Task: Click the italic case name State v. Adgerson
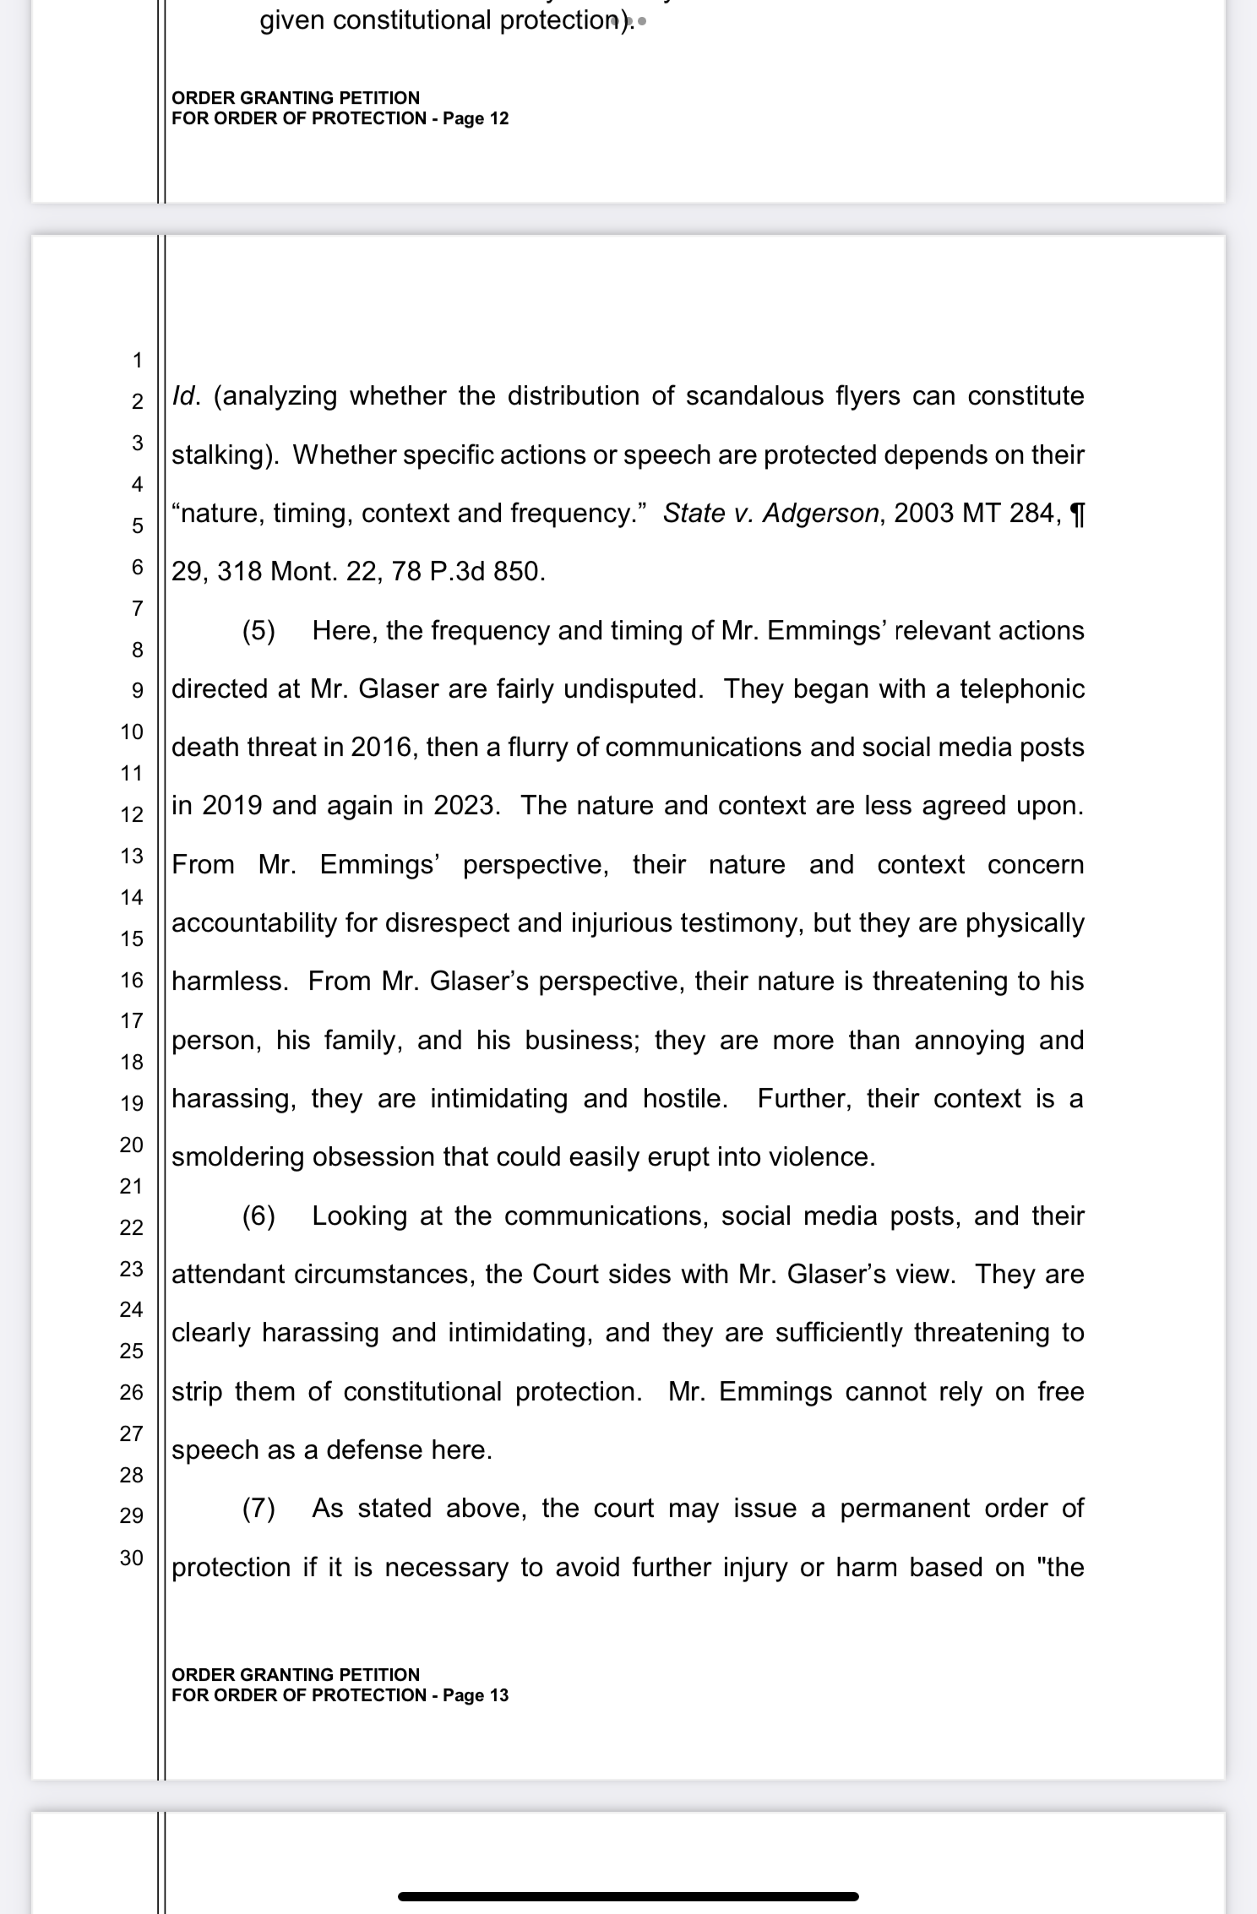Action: [770, 514]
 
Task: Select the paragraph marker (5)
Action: [258, 631]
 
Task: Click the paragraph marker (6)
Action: [258, 1216]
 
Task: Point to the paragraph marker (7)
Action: [258, 1509]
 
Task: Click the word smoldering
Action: [238, 1157]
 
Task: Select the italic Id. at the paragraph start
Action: [186, 396]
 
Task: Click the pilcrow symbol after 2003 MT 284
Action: [1076, 514]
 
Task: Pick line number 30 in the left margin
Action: [132, 1558]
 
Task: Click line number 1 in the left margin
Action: [137, 361]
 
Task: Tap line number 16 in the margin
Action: [132, 981]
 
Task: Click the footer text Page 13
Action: [476, 1695]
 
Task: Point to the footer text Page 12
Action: [476, 118]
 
